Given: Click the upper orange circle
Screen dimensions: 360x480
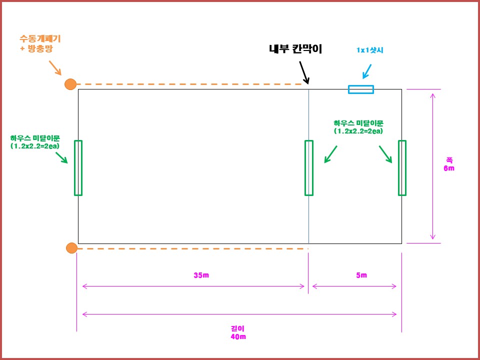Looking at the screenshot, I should pos(70,84).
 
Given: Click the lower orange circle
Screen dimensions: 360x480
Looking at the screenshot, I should pos(71,248).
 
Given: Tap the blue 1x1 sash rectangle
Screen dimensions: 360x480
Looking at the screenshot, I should pos(361,89).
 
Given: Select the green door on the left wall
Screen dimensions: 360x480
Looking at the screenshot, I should pos(78,167).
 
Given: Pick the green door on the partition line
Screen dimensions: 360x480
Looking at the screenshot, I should pos(309,167).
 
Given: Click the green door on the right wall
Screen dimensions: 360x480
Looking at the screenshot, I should pos(402,167).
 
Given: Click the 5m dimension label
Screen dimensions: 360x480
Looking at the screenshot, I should pos(361,275).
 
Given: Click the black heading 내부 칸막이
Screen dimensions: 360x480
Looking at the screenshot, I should pos(295,49).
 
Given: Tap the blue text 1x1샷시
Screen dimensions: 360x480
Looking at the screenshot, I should pos(369,50).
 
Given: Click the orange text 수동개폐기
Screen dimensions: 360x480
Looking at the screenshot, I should pos(40,38).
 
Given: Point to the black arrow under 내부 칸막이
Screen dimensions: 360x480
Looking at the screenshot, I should pos(304,72).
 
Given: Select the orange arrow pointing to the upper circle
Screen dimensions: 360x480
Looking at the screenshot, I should pos(54,68).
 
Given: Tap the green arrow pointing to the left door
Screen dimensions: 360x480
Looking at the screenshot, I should pos(61,157).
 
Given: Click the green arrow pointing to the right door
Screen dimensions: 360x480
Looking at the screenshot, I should pos(385,154).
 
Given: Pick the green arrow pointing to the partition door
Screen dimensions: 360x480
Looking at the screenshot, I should pos(330,154).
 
